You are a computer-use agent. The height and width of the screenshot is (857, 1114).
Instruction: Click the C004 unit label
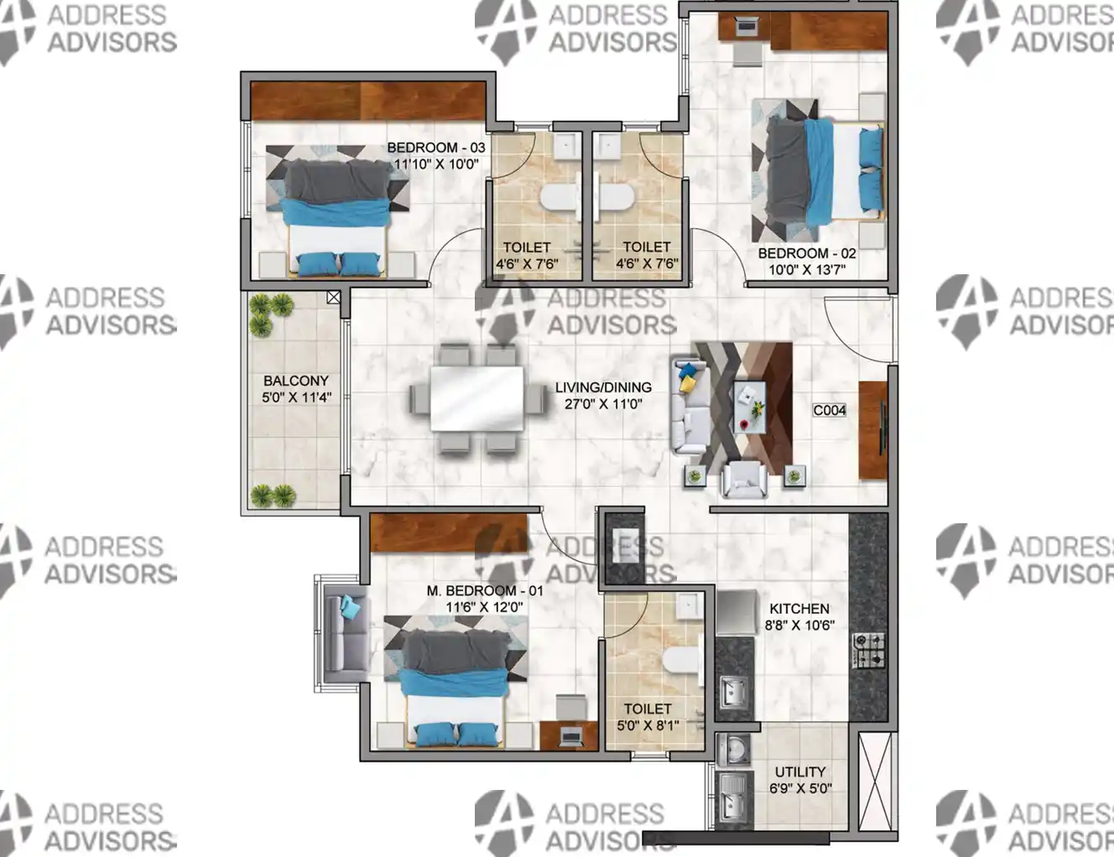(829, 410)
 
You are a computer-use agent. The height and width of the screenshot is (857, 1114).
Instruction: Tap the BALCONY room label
(296, 381)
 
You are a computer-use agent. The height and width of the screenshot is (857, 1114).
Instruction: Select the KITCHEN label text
(799, 609)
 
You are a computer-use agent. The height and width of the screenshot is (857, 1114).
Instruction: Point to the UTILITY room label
(799, 771)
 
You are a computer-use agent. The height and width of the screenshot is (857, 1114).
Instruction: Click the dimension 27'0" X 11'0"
(603, 404)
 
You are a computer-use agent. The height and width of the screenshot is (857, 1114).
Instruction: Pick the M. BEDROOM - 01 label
(485, 590)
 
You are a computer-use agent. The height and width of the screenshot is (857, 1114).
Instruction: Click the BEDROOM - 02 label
(807, 253)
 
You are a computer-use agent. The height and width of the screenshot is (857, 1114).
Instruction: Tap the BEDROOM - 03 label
(435, 148)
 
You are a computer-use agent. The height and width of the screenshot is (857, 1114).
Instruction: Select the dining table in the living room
(477, 398)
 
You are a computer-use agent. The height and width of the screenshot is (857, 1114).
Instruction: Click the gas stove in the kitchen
(869, 651)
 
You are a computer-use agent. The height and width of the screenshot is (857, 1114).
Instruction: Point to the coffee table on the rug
(750, 408)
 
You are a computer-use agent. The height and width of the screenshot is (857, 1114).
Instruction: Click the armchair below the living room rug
(744, 480)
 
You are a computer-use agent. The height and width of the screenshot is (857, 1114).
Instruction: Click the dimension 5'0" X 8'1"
(648, 725)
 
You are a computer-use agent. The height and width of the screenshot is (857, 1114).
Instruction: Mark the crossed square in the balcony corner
(333, 297)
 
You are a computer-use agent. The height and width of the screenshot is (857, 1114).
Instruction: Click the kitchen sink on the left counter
(733, 692)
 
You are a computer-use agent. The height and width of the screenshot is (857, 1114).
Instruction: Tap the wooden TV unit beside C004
(873, 430)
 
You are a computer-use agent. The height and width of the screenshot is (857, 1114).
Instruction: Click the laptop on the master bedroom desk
(570, 736)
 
